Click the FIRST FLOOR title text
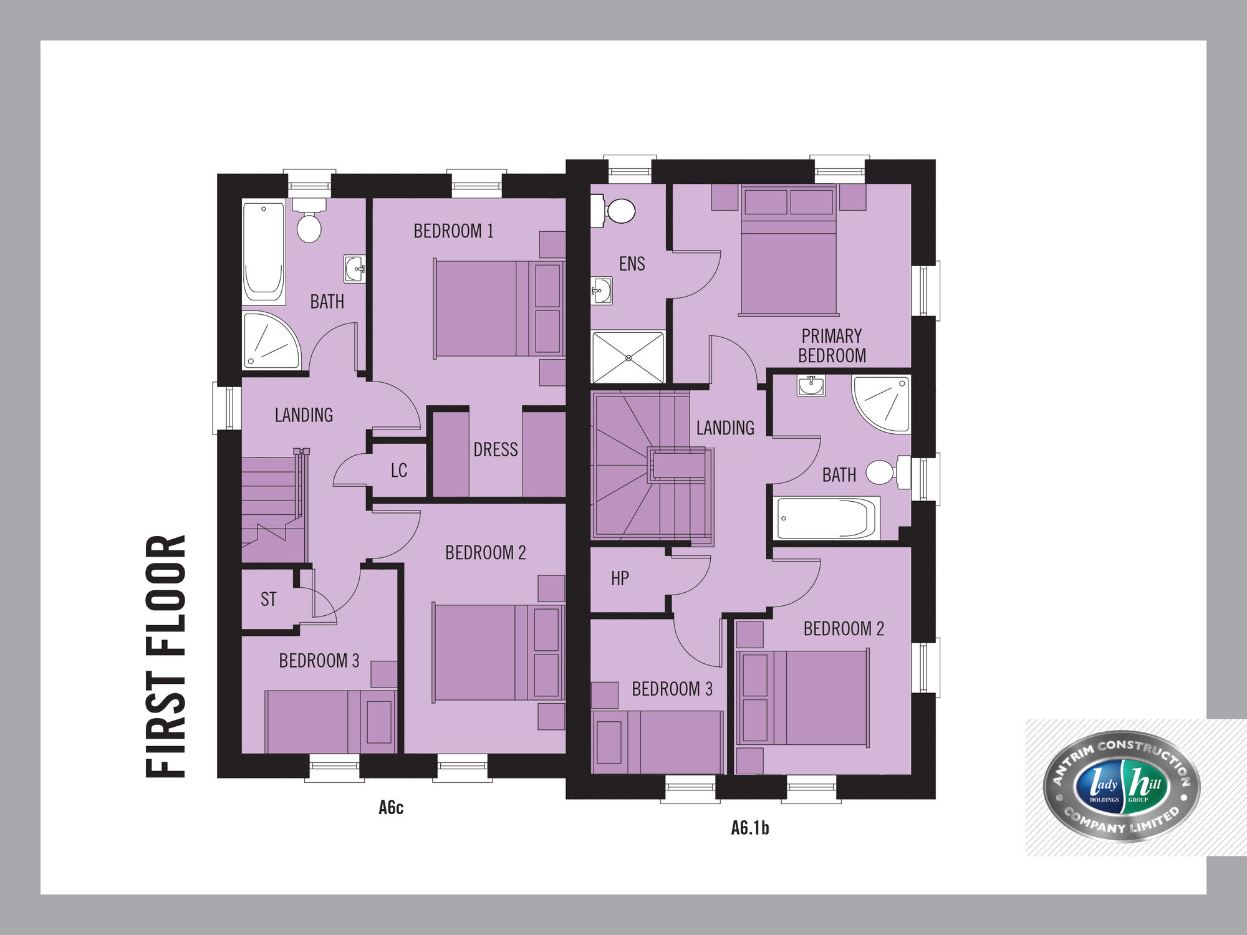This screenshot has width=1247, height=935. [x=166, y=656]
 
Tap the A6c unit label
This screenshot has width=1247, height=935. [x=391, y=808]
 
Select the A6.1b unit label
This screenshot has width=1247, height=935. [x=750, y=828]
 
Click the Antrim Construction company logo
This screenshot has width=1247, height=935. [x=1122, y=786]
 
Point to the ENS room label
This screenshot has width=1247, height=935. [x=632, y=264]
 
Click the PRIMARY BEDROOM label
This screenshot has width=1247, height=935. [x=832, y=346]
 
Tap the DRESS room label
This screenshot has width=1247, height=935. [x=496, y=449]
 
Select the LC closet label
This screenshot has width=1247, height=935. [x=399, y=471]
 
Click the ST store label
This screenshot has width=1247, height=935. [x=269, y=599]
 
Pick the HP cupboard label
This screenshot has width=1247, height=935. [x=620, y=578]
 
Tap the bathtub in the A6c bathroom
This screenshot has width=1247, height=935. [x=264, y=251]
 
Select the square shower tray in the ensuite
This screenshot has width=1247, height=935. [x=628, y=357]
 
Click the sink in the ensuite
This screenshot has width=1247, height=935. [x=602, y=290]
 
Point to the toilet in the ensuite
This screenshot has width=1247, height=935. [x=614, y=211]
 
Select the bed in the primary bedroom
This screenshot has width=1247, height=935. [x=789, y=251]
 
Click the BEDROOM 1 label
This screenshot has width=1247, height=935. [x=453, y=231]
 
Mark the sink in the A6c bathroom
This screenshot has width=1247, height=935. [x=355, y=269]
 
